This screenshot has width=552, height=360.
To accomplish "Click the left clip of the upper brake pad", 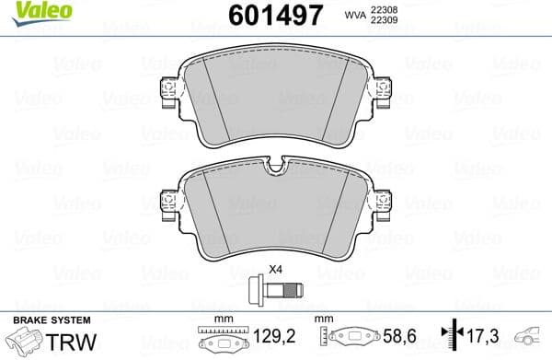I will coord(167,90).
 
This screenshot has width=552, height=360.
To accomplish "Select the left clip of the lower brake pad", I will coord(167,202).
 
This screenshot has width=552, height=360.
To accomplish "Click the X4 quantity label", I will coord(274,271).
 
